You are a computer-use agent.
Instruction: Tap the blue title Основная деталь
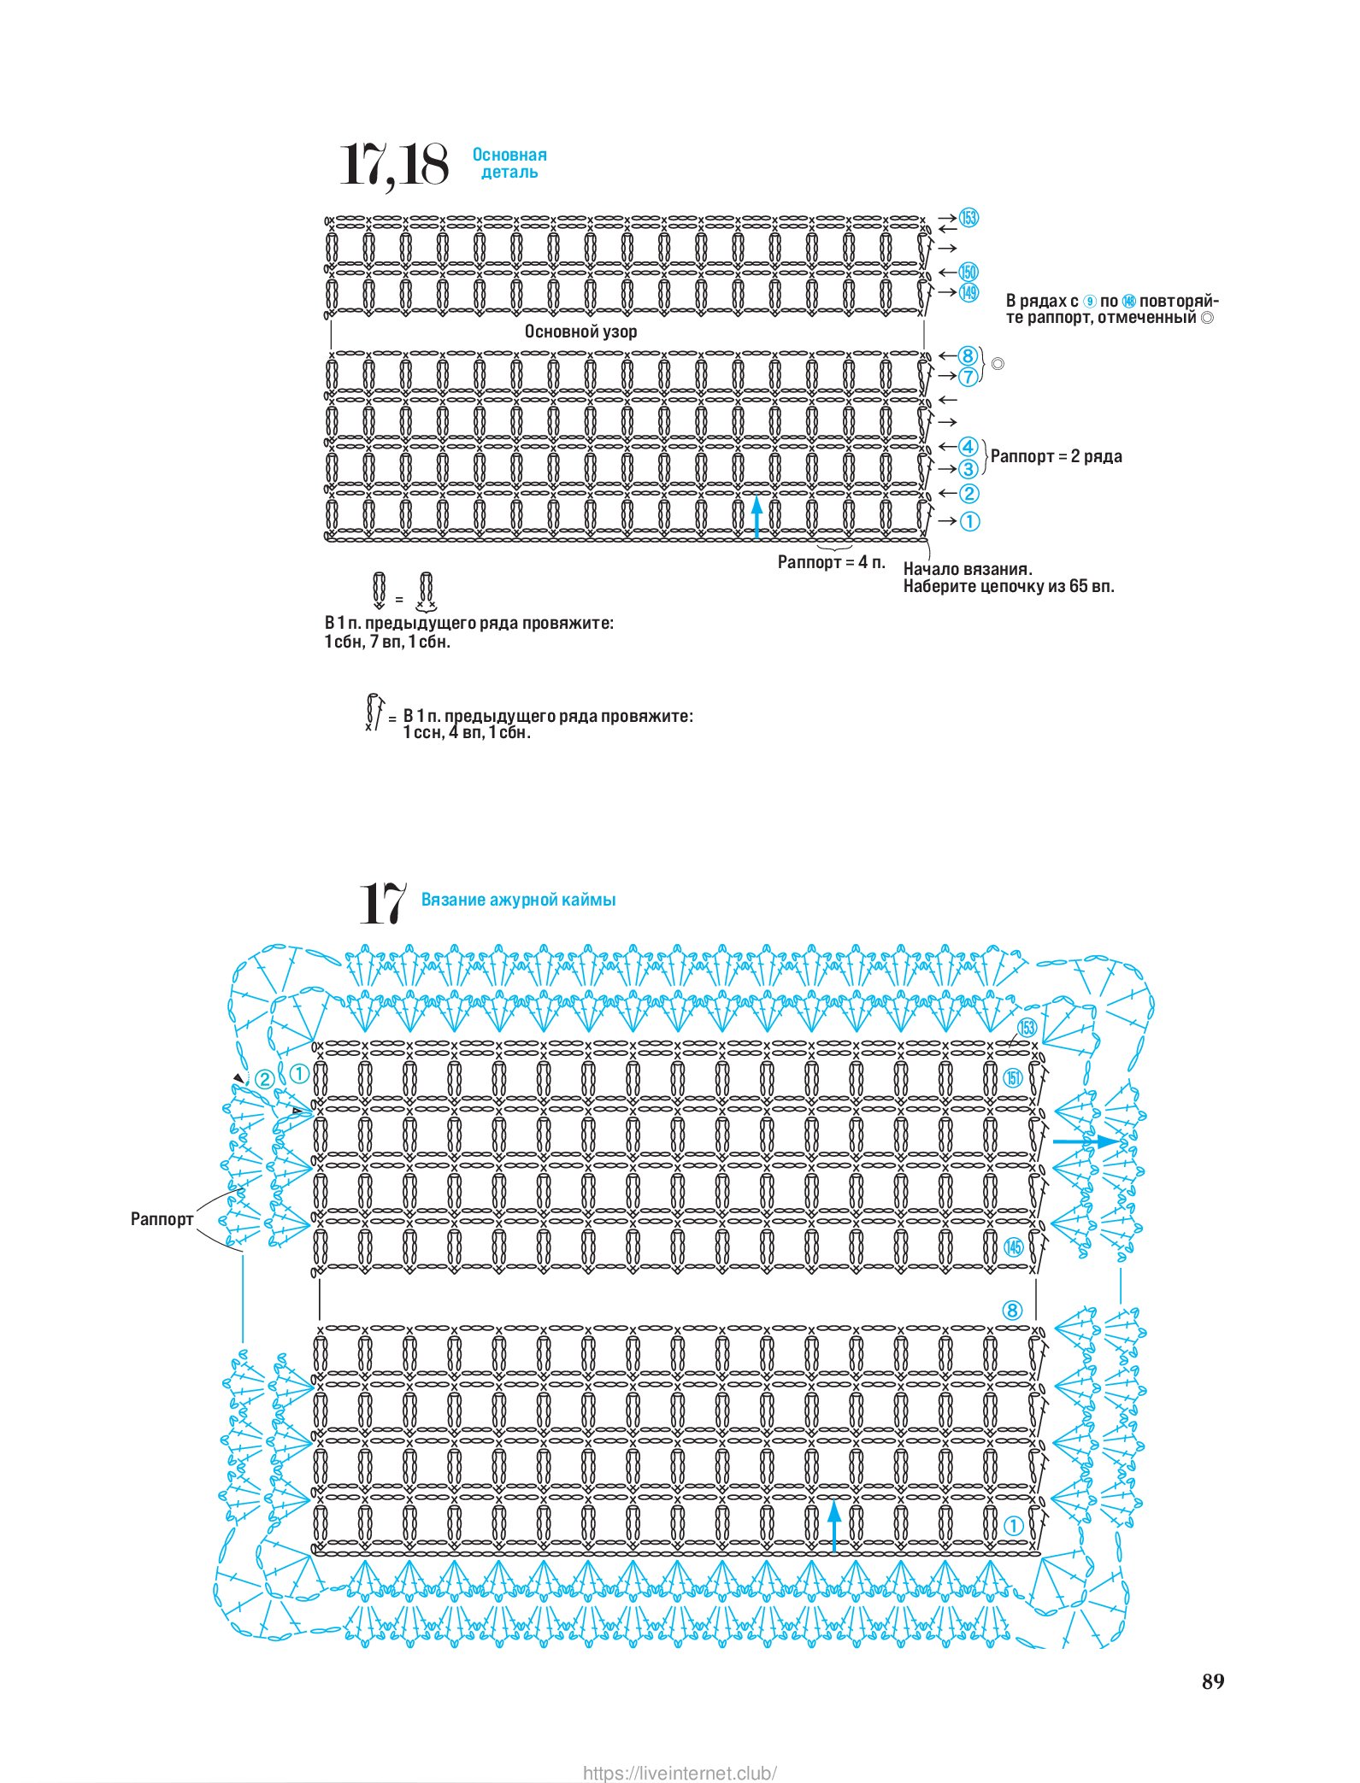coord(509,163)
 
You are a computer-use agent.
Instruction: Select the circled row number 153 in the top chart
coord(968,218)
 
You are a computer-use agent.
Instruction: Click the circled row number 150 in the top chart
coord(968,273)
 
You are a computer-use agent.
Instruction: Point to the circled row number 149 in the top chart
coord(968,292)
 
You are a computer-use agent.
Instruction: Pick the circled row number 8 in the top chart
coord(967,356)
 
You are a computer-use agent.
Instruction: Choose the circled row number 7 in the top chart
coord(967,377)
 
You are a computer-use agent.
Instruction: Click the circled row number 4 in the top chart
coord(968,447)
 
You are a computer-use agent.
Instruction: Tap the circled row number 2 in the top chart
coord(968,494)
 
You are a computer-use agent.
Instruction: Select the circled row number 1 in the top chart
coord(969,521)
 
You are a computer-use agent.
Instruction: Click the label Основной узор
coord(580,331)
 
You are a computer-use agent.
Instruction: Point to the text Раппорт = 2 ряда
coord(1056,456)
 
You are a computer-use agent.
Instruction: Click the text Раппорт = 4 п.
coord(831,562)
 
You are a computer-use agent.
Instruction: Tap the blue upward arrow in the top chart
coord(757,519)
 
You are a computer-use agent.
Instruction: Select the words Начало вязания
coord(968,569)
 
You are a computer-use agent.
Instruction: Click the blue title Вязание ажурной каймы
coord(518,900)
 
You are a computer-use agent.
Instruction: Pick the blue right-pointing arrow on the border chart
coord(1085,1141)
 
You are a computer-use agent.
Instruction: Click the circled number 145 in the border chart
coord(1013,1247)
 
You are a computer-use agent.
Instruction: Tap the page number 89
coord(1212,1681)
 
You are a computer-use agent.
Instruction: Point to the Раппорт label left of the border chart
coord(162,1219)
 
